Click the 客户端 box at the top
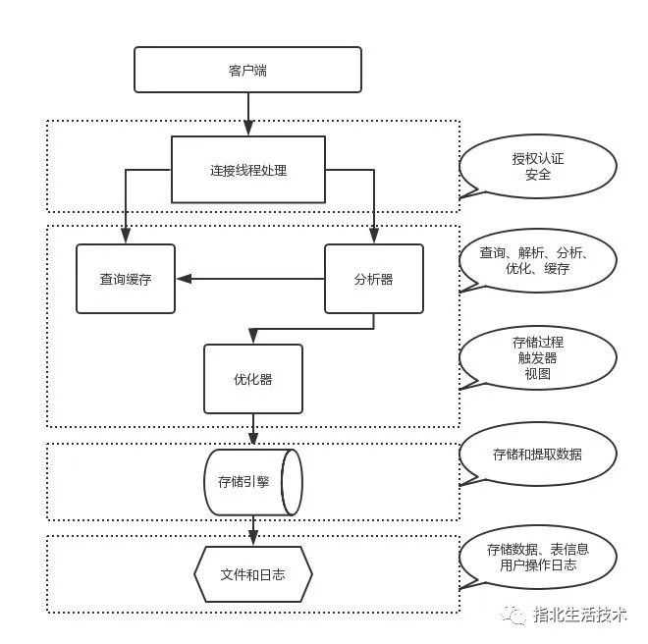click(x=248, y=70)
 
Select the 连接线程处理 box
click(x=248, y=170)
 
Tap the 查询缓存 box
click(x=126, y=279)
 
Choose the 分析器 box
click(x=374, y=279)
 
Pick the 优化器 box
click(x=253, y=379)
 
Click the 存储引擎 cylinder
click(x=253, y=482)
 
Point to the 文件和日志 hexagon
click(x=253, y=574)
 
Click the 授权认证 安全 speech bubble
click(x=538, y=166)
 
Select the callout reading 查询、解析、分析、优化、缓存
click(x=538, y=260)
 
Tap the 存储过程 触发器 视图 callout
click(x=538, y=358)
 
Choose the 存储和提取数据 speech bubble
click(x=538, y=454)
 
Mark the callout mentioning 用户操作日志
click(x=538, y=558)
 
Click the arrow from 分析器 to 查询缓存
click(x=250, y=279)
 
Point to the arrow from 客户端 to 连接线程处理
click(x=248, y=114)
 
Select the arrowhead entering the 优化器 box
click(x=253, y=336)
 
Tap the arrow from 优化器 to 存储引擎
click(x=253, y=429)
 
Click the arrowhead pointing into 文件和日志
click(x=253, y=538)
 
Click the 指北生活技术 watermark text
click(x=580, y=615)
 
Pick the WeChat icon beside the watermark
click(x=513, y=616)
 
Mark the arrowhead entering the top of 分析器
click(x=374, y=236)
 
